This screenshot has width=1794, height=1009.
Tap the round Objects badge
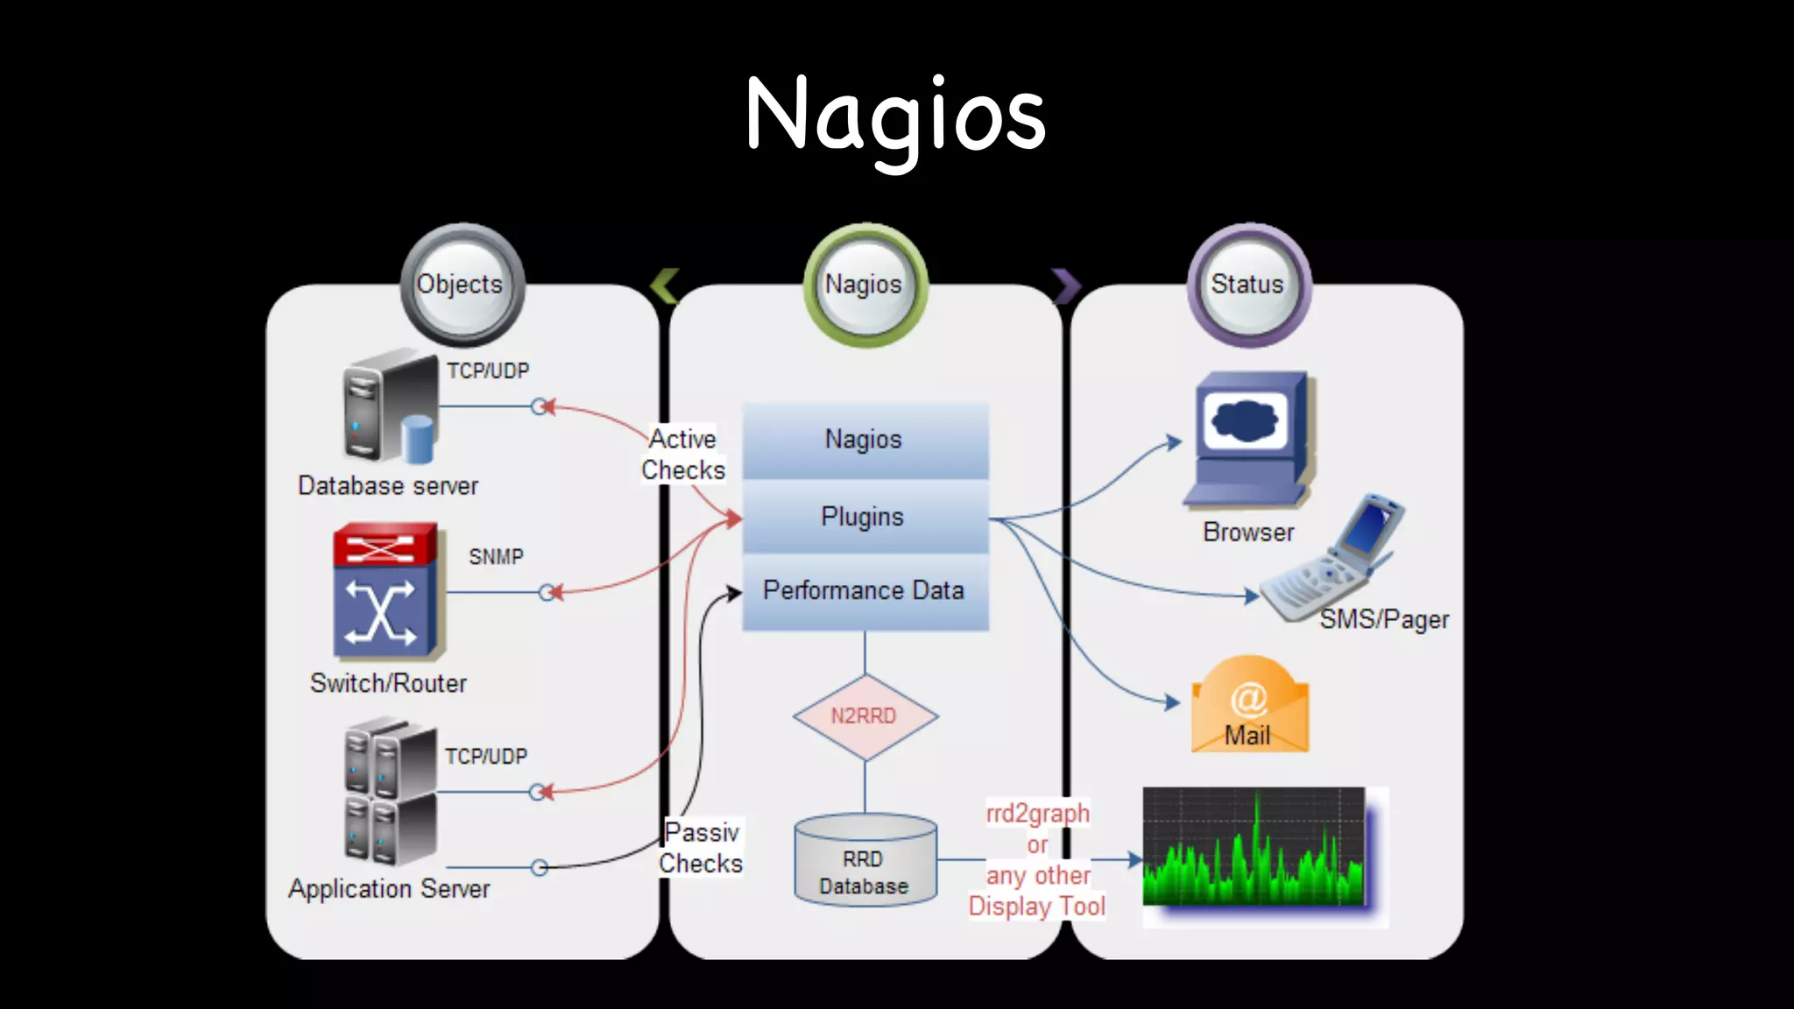click(462, 285)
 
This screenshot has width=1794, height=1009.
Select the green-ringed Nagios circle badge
click(865, 285)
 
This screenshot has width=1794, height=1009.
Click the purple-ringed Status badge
click(1248, 285)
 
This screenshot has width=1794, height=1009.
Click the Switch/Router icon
click(386, 591)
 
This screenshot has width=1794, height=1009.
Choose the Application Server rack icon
click(390, 793)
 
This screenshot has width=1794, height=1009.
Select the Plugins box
click(865, 517)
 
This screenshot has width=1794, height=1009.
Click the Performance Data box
click(865, 591)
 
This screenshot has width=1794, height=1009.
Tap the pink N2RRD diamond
click(865, 716)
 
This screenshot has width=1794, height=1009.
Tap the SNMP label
click(496, 557)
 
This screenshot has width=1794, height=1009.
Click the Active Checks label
click(683, 455)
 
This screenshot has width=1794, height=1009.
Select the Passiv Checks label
click(701, 848)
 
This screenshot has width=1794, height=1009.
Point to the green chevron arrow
click(665, 286)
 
